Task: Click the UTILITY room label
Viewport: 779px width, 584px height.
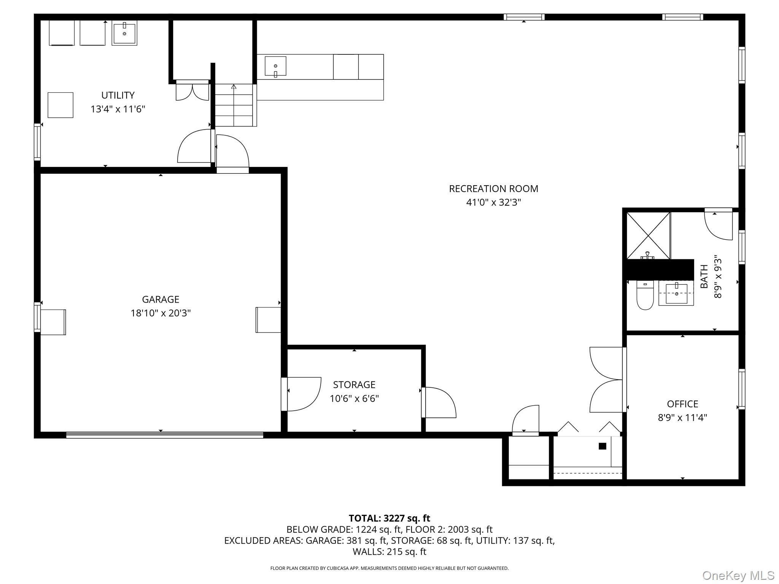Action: point(118,95)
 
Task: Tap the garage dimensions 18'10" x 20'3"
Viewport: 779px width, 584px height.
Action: point(161,313)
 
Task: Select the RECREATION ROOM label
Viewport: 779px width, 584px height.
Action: point(493,189)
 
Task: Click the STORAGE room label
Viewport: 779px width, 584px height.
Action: point(354,385)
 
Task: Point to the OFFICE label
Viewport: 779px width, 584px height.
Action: point(682,404)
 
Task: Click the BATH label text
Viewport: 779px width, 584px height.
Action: point(704,276)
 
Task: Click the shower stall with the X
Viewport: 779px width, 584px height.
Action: point(648,236)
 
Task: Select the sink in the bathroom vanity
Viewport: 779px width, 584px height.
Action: point(676,294)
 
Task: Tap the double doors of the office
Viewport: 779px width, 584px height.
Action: point(607,379)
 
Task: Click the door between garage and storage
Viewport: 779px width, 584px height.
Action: point(302,394)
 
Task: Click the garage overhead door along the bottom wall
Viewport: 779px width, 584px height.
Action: point(164,435)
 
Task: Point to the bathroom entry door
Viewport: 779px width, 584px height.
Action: point(719,224)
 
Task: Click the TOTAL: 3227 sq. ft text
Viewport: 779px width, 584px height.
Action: point(389,518)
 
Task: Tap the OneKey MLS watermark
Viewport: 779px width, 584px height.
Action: point(738,576)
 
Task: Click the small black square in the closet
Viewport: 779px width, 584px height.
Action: point(602,446)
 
